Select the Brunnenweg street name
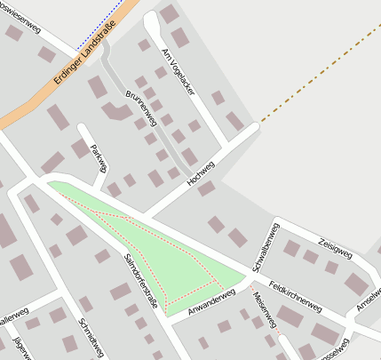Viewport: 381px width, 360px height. (143, 108)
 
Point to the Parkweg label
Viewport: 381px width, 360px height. (99, 157)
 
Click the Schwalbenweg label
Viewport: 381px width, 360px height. (266, 247)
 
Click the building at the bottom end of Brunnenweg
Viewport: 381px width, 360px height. (115, 111)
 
